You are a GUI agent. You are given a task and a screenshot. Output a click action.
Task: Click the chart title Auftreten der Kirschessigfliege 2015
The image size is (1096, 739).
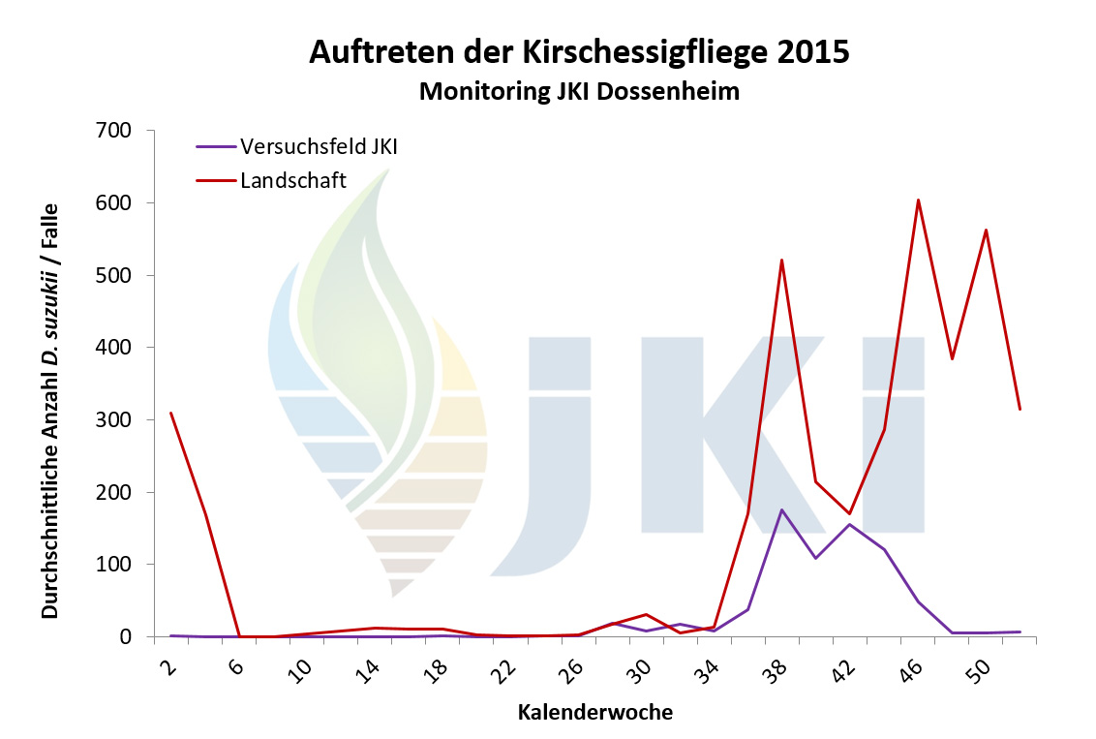pyautogui.click(x=579, y=51)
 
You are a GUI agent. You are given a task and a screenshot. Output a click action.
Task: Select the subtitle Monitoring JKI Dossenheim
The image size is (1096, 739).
pyautogui.click(x=579, y=92)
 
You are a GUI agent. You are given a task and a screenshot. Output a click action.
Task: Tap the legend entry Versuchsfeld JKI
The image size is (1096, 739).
pyautogui.click(x=319, y=147)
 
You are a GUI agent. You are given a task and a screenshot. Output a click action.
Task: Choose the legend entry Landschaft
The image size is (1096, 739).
pyautogui.click(x=292, y=178)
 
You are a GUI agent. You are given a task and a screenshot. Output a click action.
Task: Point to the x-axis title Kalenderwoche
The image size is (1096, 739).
pyautogui.click(x=595, y=713)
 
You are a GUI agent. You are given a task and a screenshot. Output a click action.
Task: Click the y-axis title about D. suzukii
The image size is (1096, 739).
pyautogui.click(x=50, y=411)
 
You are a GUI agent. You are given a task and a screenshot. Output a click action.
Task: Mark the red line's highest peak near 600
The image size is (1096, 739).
pyautogui.click(x=918, y=200)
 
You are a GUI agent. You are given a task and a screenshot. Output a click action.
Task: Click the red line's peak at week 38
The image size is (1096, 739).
pyautogui.click(x=781, y=260)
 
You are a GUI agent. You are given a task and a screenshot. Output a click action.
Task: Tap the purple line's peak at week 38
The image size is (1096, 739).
pyautogui.click(x=781, y=509)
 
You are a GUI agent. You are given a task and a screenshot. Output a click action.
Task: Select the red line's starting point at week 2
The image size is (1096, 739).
pyautogui.click(x=170, y=413)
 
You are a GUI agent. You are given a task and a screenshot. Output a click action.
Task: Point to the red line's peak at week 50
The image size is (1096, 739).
pyautogui.click(x=986, y=230)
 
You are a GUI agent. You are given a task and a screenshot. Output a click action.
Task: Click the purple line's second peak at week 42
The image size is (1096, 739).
pyautogui.click(x=850, y=524)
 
